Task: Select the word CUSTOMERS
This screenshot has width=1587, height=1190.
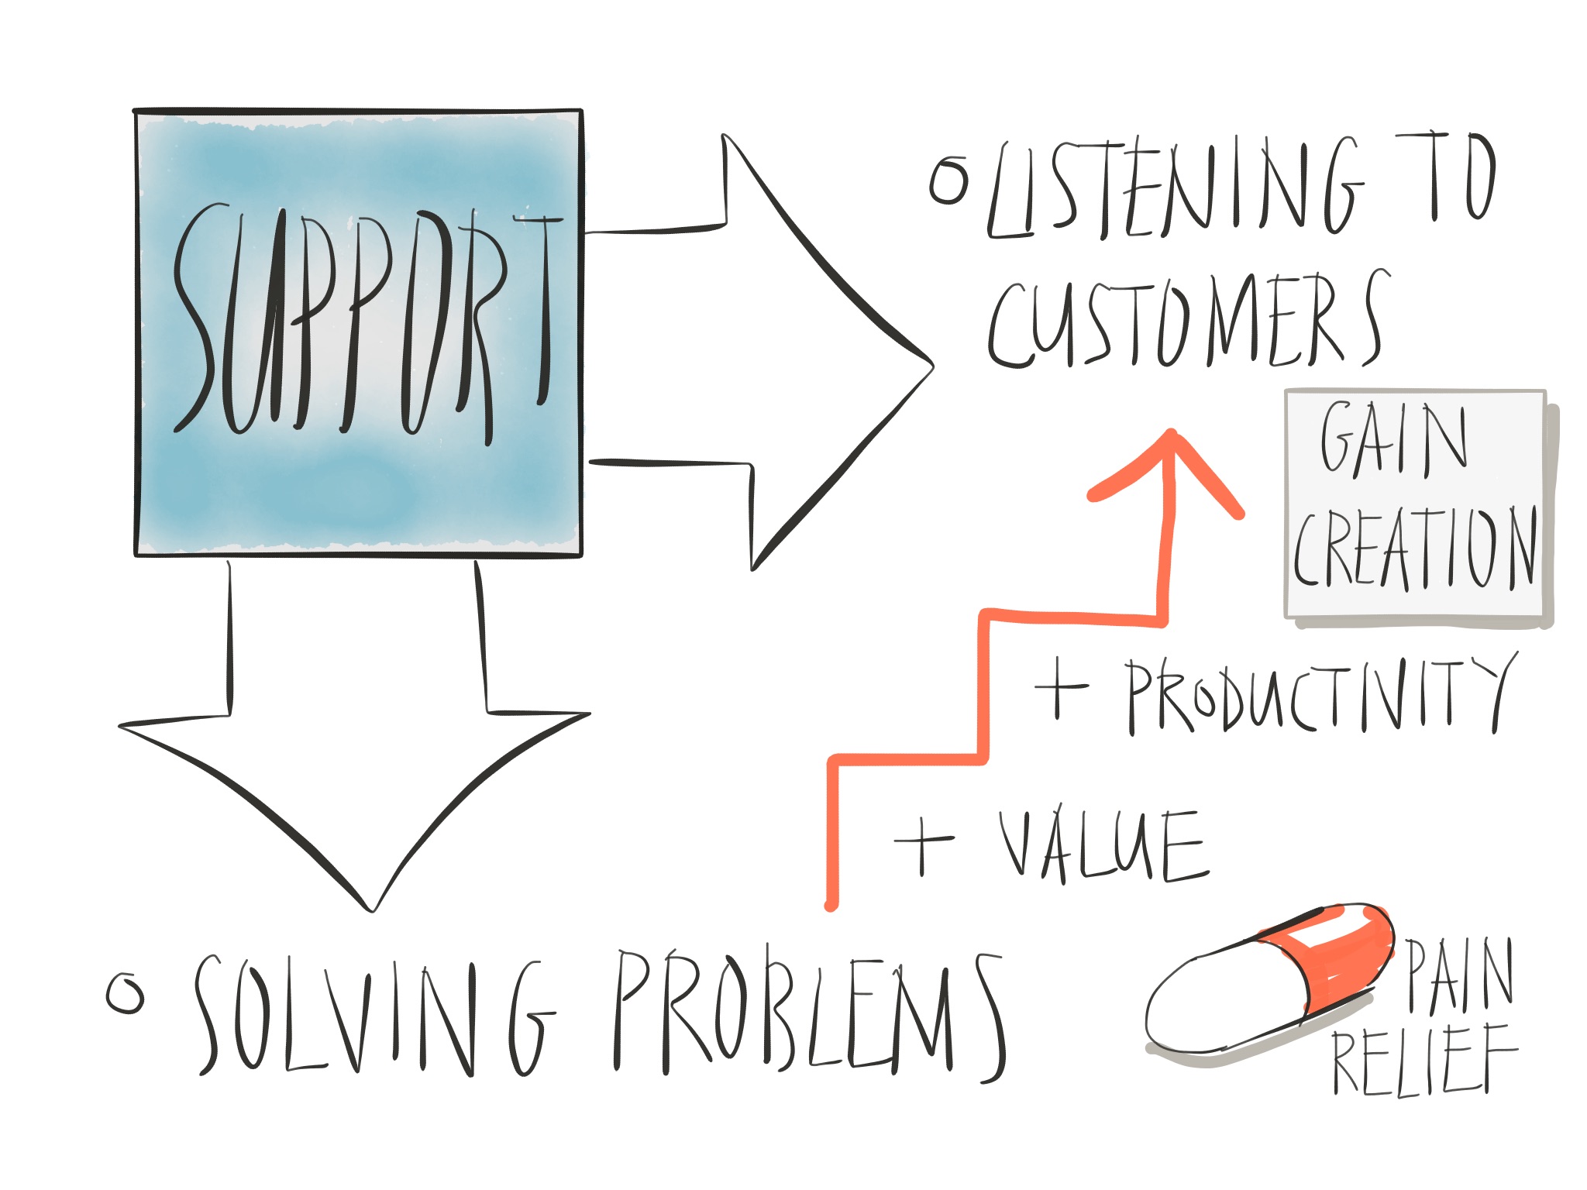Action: tap(1186, 322)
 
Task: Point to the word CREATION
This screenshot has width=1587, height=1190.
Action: tap(1415, 549)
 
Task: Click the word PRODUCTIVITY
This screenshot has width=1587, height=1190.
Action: tap(1317, 693)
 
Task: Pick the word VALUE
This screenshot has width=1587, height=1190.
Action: tap(1100, 846)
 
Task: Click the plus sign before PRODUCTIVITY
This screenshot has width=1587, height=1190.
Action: tap(1060, 687)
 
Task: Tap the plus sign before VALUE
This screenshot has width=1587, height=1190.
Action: tap(923, 844)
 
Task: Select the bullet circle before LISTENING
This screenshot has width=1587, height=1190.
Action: tap(949, 180)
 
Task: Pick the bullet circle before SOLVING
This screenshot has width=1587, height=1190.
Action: tap(125, 993)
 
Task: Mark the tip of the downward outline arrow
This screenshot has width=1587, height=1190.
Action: tap(372, 910)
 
